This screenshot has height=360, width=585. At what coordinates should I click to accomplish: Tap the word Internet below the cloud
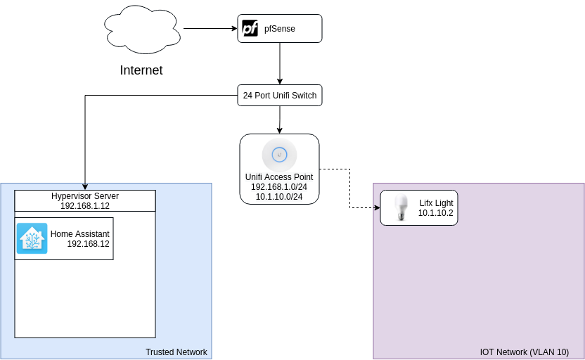[x=141, y=70]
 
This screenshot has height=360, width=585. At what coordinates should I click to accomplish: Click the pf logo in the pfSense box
[x=250, y=29]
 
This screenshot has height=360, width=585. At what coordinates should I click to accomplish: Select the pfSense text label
[x=280, y=29]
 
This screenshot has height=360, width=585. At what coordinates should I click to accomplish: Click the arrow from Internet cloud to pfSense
[x=210, y=29]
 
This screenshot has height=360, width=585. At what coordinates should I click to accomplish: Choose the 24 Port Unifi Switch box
[x=280, y=96]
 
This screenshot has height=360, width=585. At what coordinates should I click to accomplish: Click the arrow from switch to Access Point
[x=280, y=120]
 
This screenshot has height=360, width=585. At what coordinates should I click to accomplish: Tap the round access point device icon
[x=279, y=154]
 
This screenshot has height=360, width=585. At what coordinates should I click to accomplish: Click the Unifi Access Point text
[x=279, y=176]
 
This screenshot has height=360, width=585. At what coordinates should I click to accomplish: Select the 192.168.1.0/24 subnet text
[x=279, y=186]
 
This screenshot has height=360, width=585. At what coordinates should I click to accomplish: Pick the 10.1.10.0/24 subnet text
[x=279, y=196]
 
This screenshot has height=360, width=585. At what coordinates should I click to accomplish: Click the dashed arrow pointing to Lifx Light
[x=350, y=188]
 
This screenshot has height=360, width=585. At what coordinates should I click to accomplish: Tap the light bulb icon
[x=401, y=207]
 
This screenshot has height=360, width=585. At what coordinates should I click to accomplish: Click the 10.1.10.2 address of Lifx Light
[x=436, y=212]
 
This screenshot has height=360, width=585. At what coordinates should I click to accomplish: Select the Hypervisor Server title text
[x=85, y=195]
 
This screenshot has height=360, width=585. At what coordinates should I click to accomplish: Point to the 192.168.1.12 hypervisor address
[x=85, y=205]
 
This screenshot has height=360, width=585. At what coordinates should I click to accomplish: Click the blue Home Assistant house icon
[x=32, y=238]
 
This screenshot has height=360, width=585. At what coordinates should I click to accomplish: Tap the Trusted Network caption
[x=176, y=352]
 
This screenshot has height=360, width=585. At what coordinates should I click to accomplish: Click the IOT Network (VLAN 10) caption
[x=525, y=352]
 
